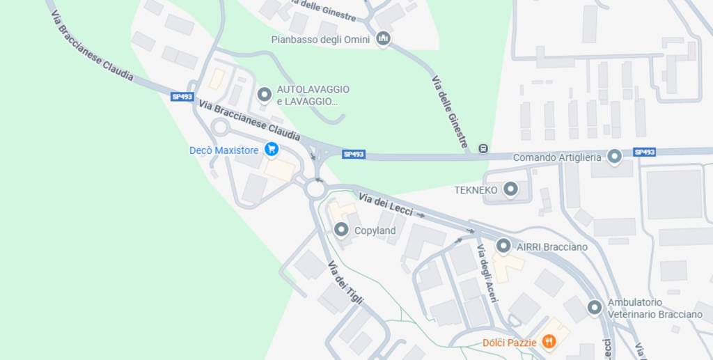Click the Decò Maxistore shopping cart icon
pyautogui.click(x=272, y=150)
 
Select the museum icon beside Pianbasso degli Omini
pyautogui.click(x=383, y=39)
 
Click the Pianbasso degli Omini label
pyautogui.click(x=320, y=40)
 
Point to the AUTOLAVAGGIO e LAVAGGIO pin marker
pyautogui.click(x=264, y=95)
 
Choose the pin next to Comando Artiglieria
pyautogui.click(x=614, y=157)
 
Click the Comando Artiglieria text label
pyautogui.click(x=556, y=157)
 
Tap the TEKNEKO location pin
pyautogui.click(x=511, y=189)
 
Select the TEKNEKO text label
pyautogui.click(x=476, y=189)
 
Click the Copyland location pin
pyautogui.click(x=341, y=230)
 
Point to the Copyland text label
pyautogui.click(x=375, y=230)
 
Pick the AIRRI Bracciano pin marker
pyautogui.click(x=503, y=246)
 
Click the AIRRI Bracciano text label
pyautogui.click(x=551, y=246)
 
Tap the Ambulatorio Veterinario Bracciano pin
pyautogui.click(x=594, y=307)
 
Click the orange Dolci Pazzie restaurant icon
pyautogui.click(x=549, y=341)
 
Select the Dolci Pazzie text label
pyautogui.click(x=509, y=343)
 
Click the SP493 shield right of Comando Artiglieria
pyautogui.click(x=644, y=152)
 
